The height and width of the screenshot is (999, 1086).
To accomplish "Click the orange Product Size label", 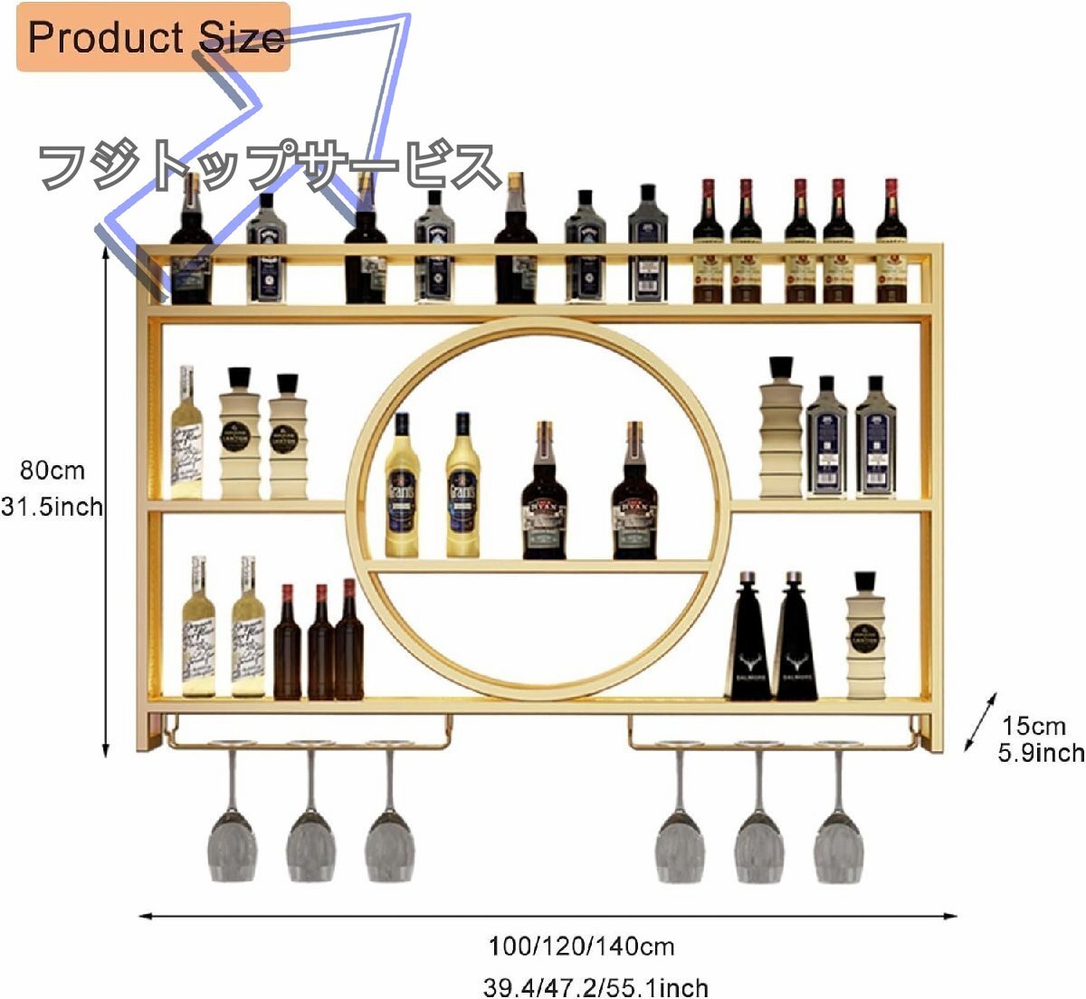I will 154,37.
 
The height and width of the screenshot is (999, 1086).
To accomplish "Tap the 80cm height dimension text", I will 52,471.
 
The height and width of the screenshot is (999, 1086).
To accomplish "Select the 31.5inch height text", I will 52,507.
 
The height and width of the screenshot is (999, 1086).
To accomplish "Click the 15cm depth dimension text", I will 1034,726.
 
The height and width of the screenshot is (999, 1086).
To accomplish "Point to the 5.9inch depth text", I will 1041,752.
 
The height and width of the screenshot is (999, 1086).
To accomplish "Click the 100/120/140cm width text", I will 582,947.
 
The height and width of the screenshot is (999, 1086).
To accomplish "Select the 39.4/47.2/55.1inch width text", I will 595,986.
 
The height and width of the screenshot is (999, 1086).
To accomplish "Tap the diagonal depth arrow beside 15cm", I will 980,722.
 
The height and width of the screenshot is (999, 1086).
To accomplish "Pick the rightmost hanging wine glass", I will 838,842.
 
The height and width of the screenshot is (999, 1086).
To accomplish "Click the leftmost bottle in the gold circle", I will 402,489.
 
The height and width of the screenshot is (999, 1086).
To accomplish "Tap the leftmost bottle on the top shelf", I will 192,244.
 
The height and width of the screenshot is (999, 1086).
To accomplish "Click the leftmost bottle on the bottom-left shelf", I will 198,629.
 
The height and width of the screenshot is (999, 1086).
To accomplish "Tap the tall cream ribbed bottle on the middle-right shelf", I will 780,430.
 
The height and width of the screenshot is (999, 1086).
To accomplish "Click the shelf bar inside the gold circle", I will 538,566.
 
